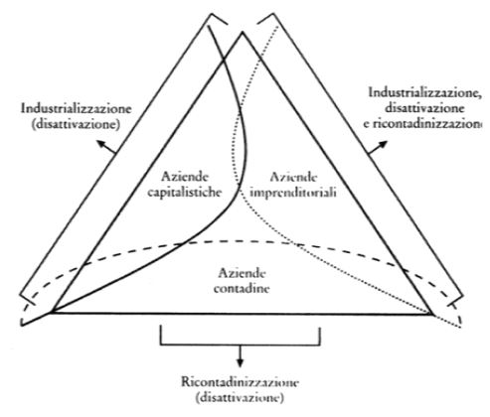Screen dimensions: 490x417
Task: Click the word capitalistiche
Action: (184, 192)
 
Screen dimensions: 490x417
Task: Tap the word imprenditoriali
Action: (293, 193)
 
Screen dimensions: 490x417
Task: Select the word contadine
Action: (242, 288)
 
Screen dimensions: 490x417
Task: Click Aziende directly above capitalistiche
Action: (185, 177)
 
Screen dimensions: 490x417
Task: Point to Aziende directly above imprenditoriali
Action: (293, 177)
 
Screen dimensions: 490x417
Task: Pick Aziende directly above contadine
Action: (242, 273)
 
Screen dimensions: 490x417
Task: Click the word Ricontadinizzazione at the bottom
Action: (240, 382)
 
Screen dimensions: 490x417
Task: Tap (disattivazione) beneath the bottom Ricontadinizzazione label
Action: (240, 397)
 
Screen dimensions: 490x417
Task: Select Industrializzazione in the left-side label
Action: (77, 108)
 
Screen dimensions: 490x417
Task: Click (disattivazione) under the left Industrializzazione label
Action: (76, 124)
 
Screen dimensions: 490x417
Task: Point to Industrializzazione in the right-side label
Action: (425, 92)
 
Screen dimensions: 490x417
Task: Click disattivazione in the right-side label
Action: (424, 108)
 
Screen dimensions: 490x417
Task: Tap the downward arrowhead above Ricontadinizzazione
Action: (241, 362)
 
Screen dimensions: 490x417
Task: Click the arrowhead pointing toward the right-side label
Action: (383, 145)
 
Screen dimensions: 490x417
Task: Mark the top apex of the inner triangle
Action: (243, 32)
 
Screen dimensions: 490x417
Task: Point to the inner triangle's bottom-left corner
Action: (52, 312)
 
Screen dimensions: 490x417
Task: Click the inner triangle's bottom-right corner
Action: (432, 314)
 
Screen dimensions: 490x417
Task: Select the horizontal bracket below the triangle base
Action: (241, 346)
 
